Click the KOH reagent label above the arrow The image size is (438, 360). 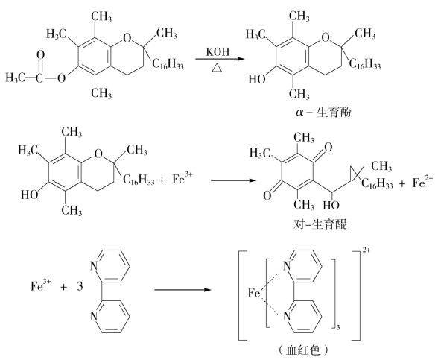pos(218,51)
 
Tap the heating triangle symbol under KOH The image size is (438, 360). pos(217,68)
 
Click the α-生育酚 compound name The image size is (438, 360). pos(323,113)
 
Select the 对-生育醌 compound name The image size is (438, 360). pos(320,224)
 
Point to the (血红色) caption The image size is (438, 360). pos(303,350)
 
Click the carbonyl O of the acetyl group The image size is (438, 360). pos(41,55)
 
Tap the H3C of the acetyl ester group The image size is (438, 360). pos(16,78)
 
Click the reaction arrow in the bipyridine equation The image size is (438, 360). pos(182,290)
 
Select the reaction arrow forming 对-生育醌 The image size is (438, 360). pos(233,180)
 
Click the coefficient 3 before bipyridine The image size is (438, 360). pos(80,286)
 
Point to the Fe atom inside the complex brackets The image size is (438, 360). pos(254,293)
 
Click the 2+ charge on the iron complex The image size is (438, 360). pos(366,250)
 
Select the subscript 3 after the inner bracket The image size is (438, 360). pos(338,327)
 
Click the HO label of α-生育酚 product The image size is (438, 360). pos(257,80)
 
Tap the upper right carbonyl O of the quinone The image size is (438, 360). pos(328,148)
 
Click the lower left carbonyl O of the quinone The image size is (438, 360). pos(267,195)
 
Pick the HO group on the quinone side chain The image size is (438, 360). pos(331,206)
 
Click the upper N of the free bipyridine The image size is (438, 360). pos(94,266)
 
